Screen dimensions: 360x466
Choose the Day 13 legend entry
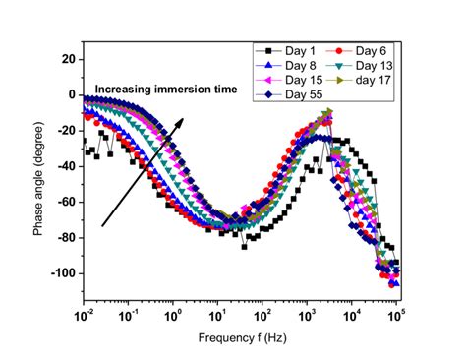pos(362,65)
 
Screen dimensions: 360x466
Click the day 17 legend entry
pos(362,80)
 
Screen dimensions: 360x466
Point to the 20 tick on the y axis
pos(69,59)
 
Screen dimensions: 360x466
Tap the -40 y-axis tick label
pos(67,166)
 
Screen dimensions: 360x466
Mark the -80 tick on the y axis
pos(67,237)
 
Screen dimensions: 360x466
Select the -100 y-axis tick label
pos(64,272)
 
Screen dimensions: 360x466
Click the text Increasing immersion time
pos(167,89)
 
